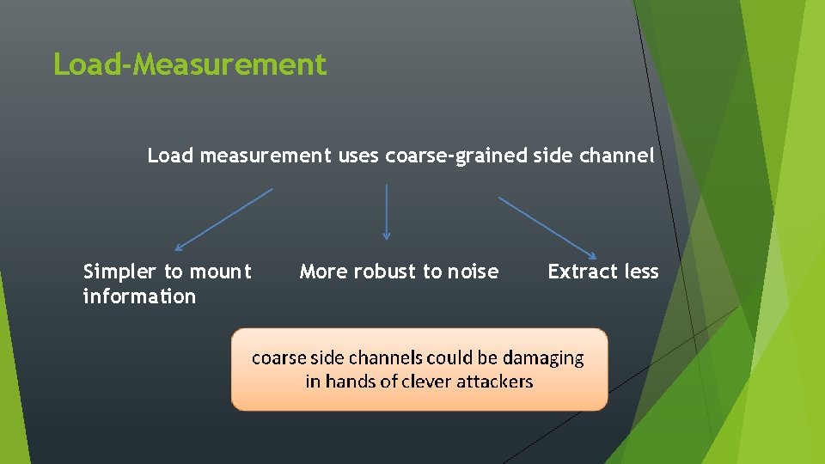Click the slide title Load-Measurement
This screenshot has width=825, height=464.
[x=190, y=64]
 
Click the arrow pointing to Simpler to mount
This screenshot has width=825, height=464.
[x=223, y=219]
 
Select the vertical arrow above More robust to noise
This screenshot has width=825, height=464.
[x=387, y=211]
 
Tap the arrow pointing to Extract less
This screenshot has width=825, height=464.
[x=547, y=228]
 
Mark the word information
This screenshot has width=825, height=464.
[x=139, y=296]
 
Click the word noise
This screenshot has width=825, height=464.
[x=473, y=272]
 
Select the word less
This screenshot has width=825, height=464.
[x=641, y=272]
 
